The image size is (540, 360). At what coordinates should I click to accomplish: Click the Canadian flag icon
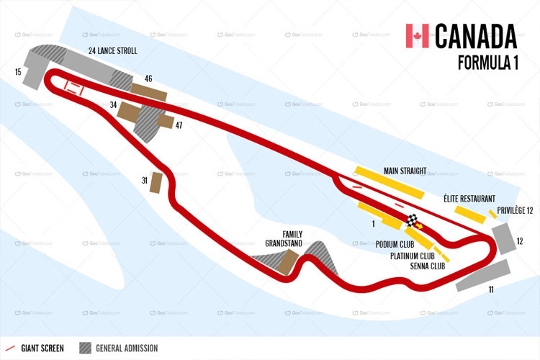(417, 36)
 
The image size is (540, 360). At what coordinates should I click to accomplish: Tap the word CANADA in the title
(476, 36)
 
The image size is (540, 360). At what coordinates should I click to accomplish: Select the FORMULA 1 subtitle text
(488, 63)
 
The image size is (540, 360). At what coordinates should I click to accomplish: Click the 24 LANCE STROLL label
(112, 51)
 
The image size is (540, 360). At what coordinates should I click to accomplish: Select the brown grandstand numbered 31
(155, 182)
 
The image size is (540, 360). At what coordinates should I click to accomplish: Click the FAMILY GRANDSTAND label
(283, 238)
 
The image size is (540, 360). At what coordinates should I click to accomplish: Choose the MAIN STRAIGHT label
(405, 171)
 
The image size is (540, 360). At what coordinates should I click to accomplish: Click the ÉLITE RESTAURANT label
(469, 198)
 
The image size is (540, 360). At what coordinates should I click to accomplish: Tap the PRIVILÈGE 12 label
(515, 210)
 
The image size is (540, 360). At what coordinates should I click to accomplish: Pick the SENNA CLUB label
(427, 266)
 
